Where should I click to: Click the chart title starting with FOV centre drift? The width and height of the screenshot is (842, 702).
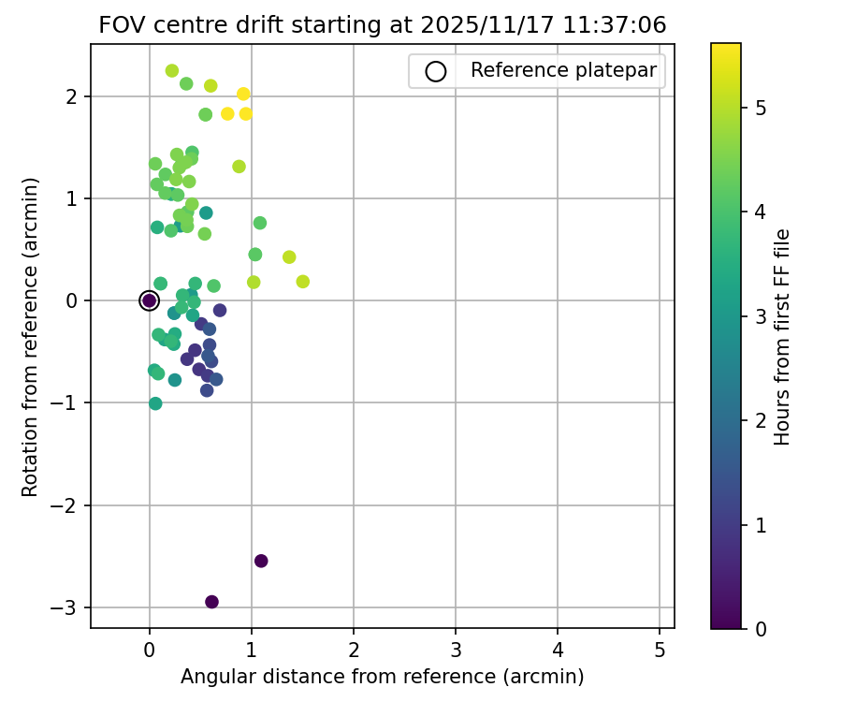383,25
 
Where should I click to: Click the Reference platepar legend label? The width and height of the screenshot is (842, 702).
564,70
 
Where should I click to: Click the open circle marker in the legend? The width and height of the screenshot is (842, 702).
435,71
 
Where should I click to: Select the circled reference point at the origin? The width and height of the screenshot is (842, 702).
149,300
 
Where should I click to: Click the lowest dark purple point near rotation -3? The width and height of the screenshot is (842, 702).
211,602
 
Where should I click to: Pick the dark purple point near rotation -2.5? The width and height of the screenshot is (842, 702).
261,561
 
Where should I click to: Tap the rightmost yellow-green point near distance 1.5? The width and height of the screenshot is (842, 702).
302,282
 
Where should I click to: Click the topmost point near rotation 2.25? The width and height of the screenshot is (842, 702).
172,70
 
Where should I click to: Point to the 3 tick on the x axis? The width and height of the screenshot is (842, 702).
456,628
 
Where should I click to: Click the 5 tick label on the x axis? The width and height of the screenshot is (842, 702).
660,648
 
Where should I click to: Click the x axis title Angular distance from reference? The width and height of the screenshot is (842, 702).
383,676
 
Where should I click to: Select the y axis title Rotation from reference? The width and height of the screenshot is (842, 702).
30,336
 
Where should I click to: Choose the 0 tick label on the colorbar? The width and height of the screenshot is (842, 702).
761,628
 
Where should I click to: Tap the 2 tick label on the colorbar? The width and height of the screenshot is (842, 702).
761,420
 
